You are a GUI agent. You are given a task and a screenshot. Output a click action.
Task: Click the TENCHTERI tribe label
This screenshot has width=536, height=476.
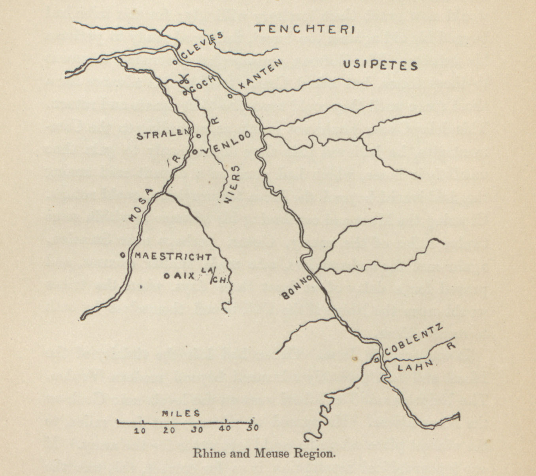click(x=305, y=29)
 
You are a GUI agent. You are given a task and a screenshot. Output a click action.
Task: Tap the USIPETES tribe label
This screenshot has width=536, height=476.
click(x=380, y=65)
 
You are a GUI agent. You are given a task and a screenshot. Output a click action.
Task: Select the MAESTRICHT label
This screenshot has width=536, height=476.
click(x=173, y=257)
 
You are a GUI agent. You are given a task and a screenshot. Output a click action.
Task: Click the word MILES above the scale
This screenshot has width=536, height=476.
click(x=181, y=414)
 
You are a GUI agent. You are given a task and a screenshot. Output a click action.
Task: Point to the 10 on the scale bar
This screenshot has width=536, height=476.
click(x=140, y=431)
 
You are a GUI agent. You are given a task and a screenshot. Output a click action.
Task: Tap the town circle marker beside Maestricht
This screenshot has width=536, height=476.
click(x=123, y=255)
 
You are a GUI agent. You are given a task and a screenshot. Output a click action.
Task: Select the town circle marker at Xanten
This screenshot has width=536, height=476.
click(x=230, y=95)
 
